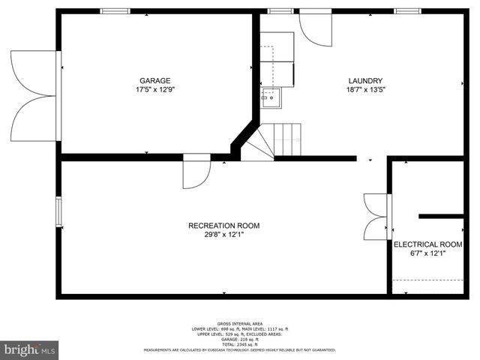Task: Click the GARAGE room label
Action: (x=154, y=81)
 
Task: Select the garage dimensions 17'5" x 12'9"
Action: (x=154, y=90)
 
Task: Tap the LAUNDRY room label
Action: (x=365, y=81)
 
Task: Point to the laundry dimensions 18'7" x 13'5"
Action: (x=365, y=90)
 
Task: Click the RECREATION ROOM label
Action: (x=223, y=226)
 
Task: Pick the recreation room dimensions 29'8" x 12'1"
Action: (x=223, y=235)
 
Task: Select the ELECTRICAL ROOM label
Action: (x=427, y=244)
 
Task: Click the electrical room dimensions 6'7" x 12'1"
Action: (x=427, y=253)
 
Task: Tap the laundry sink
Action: (x=270, y=97)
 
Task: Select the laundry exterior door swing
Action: (x=315, y=28)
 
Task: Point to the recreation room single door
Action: (x=196, y=174)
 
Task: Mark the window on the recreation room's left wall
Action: (x=58, y=211)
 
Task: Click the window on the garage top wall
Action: (x=115, y=11)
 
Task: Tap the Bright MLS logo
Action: (x=29, y=349)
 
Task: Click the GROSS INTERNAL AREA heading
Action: (x=240, y=323)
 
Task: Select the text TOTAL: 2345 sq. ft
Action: (x=240, y=344)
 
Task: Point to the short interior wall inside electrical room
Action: (x=441, y=216)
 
